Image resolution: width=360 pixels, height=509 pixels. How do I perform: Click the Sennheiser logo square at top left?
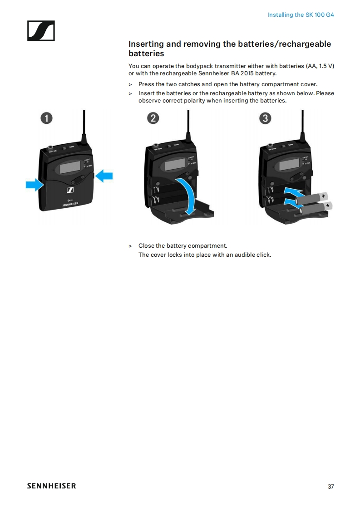pos(41,31)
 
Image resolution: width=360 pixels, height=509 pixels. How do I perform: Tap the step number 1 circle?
pos(46,118)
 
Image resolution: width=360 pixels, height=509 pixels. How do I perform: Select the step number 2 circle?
pos(153,118)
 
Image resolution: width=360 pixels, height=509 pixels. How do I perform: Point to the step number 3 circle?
pos(265,118)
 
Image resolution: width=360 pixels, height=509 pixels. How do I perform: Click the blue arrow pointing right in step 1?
pos(34,184)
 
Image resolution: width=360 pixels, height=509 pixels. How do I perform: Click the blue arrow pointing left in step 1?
pos(104,175)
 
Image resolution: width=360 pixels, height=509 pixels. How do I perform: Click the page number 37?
pos(330,486)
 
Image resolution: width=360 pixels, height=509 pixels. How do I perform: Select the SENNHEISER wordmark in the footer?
pos(51,486)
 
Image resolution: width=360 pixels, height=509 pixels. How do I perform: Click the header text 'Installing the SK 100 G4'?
pos(301,15)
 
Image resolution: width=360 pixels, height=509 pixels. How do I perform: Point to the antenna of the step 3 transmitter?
pos(302,122)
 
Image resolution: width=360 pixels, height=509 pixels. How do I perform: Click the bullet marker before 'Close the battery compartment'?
pos(130,246)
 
